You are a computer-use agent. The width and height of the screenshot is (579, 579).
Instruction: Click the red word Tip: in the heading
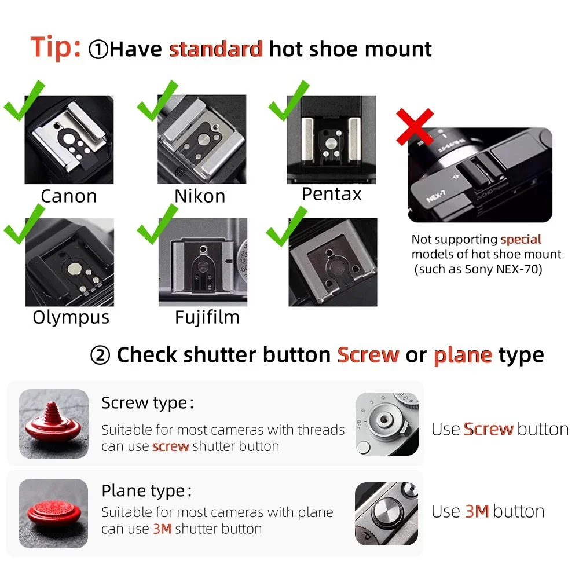[55, 47]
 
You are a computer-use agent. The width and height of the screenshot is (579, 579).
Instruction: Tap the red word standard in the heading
[216, 49]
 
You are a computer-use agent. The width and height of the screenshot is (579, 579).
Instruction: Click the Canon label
[69, 196]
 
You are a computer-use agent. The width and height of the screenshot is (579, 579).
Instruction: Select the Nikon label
[200, 196]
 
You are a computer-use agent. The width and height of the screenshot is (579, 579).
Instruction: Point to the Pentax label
[331, 194]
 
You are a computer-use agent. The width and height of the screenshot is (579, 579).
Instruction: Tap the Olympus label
[71, 317]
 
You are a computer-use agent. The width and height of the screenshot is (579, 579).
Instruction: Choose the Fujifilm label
[207, 317]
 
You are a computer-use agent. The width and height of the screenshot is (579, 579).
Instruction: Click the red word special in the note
[521, 239]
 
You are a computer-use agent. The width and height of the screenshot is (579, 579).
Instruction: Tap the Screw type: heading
[147, 403]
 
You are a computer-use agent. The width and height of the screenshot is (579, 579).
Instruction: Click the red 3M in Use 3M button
[477, 511]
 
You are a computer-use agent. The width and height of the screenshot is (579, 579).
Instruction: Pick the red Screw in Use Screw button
[488, 429]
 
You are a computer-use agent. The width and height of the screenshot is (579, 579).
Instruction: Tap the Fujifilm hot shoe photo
[203, 262]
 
